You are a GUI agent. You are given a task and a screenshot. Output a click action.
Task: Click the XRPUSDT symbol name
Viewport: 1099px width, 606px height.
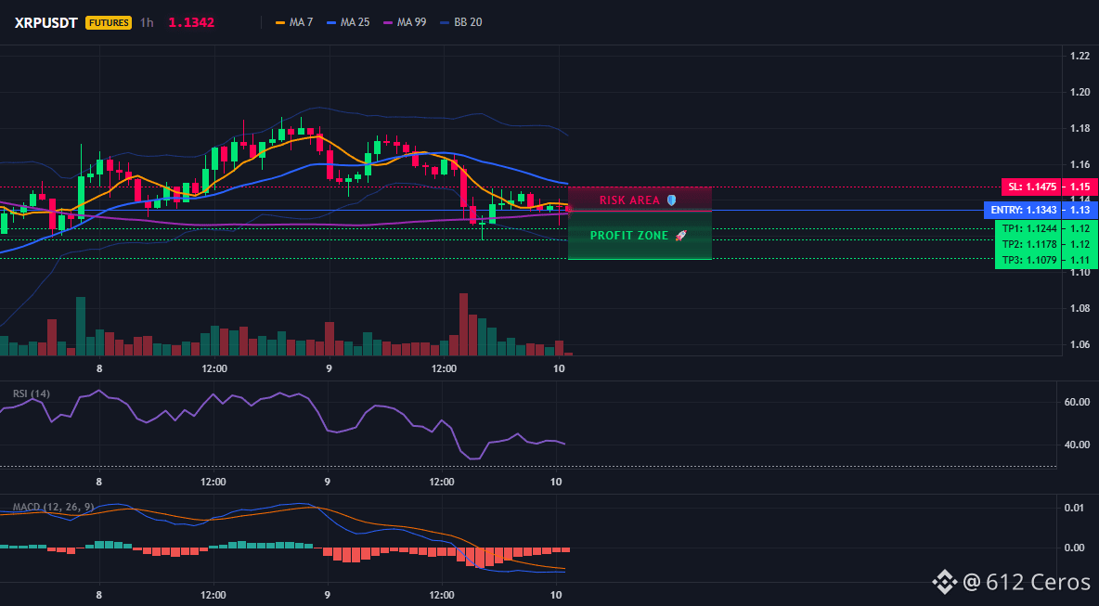pos(45,22)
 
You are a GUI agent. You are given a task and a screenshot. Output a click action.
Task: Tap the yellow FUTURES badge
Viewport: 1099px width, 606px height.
pos(109,22)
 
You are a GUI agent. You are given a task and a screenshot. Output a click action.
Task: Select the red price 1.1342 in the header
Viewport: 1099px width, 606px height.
pos(191,22)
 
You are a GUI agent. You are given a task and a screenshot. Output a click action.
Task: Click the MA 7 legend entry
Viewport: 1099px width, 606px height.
pos(294,22)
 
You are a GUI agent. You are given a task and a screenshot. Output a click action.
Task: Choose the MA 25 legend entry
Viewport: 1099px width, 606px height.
pos(348,22)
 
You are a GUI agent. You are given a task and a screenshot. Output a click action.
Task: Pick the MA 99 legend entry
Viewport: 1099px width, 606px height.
pos(405,22)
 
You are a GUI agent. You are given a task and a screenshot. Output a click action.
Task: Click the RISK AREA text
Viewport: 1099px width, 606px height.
pos(629,200)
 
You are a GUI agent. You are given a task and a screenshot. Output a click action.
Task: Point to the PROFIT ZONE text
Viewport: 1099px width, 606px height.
pos(629,236)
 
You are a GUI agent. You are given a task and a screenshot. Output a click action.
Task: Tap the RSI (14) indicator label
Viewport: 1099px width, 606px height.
pos(32,393)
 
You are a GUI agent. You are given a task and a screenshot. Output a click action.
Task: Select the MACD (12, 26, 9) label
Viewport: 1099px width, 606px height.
pos(53,507)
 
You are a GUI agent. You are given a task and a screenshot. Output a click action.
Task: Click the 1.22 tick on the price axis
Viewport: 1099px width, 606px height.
pos(1080,56)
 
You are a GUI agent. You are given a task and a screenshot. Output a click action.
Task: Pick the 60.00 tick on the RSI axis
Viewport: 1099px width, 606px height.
pos(1077,402)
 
